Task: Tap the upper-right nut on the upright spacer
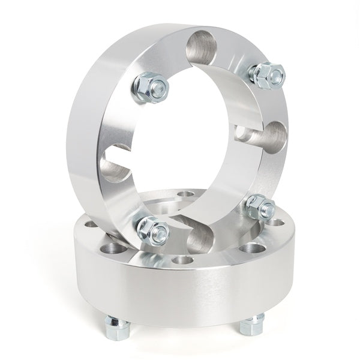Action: tap(265, 74)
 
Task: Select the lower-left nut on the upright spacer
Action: tap(152, 229)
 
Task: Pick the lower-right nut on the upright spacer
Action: tap(259, 208)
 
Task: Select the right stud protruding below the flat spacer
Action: tap(249, 327)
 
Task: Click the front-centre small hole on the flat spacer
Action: tap(178, 260)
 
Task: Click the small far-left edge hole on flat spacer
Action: tap(89, 224)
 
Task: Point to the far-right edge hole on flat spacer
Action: tap(278, 223)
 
